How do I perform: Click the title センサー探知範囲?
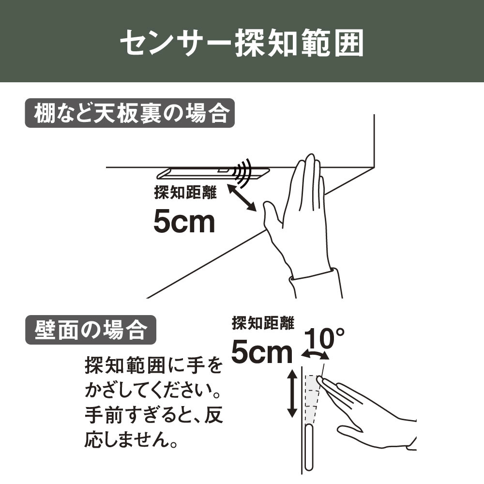(242, 43)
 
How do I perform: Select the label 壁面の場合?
(91, 330)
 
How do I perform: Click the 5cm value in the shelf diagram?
(184, 221)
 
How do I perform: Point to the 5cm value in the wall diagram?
(262, 352)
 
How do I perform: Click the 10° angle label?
(324, 338)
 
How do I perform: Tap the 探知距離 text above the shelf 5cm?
(185, 193)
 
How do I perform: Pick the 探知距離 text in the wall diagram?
(263, 323)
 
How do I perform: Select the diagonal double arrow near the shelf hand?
(242, 198)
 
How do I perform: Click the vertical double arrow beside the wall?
(292, 393)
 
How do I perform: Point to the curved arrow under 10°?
(315, 354)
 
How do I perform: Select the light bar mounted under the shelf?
(213, 173)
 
